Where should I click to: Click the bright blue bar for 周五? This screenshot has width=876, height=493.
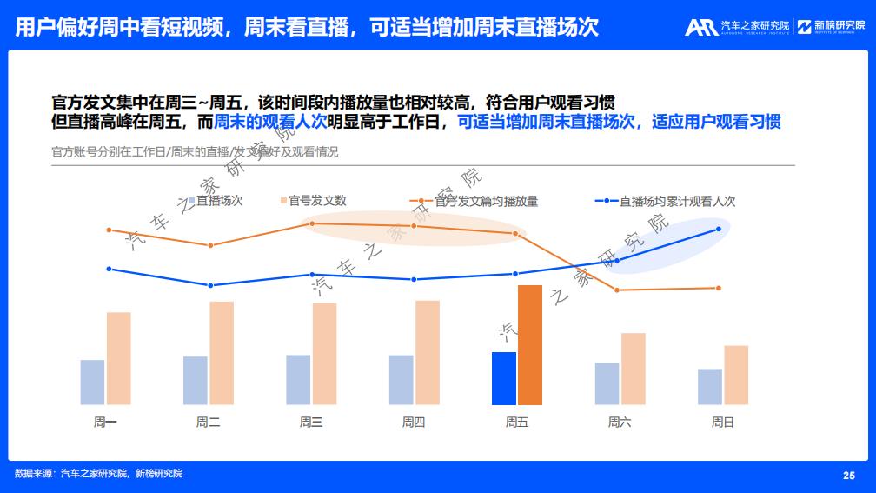504,378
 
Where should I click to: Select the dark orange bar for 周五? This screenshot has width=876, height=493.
530,345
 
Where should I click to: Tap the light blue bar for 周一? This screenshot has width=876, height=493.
92,383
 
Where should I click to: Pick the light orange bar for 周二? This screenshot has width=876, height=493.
222,353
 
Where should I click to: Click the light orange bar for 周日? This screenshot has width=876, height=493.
736,375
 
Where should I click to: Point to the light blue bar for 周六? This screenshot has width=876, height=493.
607,383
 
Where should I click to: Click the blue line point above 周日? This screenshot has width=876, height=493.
719,229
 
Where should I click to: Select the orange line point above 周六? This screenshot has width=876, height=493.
617,290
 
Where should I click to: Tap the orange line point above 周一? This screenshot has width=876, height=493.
109,230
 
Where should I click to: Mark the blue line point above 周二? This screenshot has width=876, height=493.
210,285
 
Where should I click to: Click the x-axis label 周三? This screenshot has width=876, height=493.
311,423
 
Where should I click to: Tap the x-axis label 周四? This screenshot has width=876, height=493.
414,423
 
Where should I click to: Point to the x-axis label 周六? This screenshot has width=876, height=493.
620,423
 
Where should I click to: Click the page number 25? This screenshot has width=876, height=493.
849,475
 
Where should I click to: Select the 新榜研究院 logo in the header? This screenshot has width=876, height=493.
831,26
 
